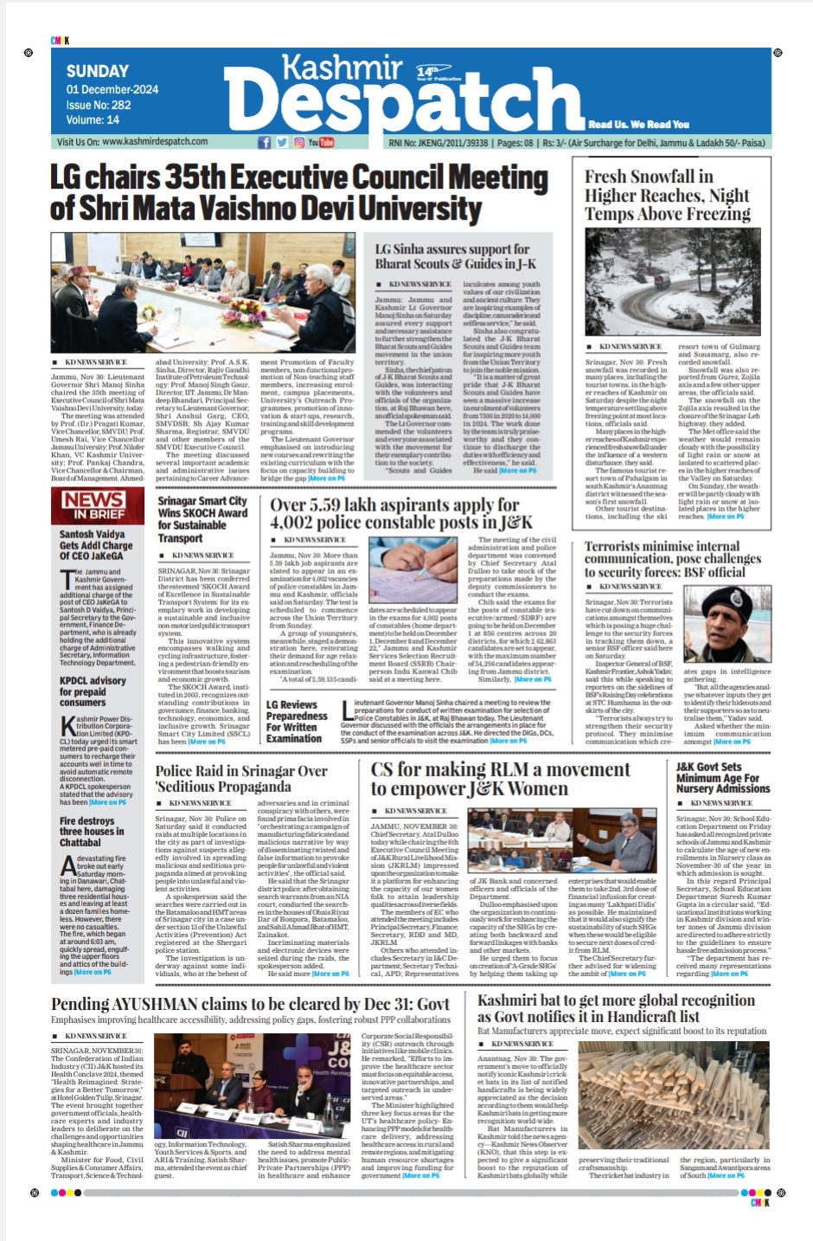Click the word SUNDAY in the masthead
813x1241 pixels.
coord(98,71)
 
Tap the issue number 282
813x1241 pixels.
coord(122,105)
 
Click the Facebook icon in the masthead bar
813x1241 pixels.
coord(264,142)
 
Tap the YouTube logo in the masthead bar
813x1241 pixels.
coord(321,142)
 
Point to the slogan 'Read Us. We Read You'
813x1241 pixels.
coord(639,124)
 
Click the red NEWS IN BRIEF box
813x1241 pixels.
coord(93,504)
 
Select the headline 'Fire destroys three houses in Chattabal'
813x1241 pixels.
coord(91,832)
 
